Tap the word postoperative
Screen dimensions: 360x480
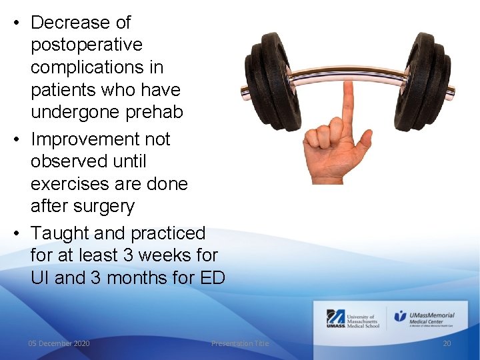pyautogui.click(x=87, y=45)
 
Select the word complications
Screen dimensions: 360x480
pyautogui.click(x=97, y=68)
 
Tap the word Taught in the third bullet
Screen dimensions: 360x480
pyautogui.click(x=61, y=233)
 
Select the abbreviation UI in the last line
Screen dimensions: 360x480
pyautogui.click(x=40, y=278)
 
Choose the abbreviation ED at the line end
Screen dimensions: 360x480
pyautogui.click(x=212, y=278)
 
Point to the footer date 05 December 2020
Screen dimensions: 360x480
pyautogui.click(x=59, y=343)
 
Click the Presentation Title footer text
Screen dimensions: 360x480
pyautogui.click(x=240, y=343)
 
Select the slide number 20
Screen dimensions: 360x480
pyautogui.click(x=447, y=343)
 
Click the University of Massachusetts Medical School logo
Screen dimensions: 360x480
pyautogui.click(x=353, y=319)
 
